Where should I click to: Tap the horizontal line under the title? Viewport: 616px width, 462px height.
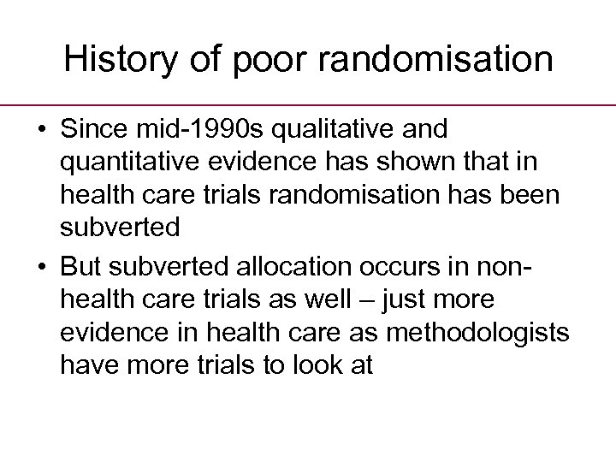point(308,105)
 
